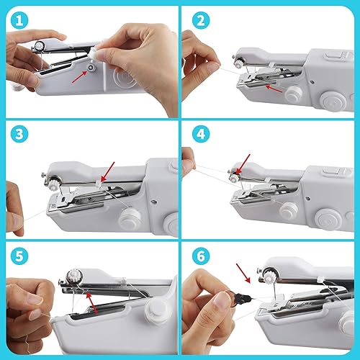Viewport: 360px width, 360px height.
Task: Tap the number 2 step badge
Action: pos(199,19)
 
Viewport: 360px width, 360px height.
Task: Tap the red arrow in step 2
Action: pos(271,89)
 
